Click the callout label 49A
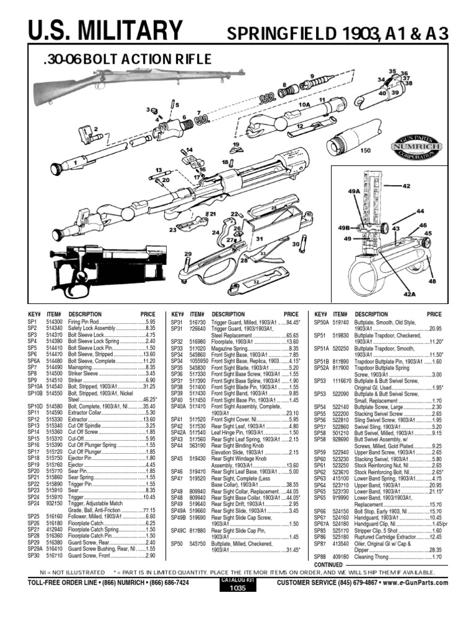(353, 193)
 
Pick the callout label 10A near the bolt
(304, 105)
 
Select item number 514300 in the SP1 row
(55, 323)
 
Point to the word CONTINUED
(328, 565)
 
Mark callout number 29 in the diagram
(187, 254)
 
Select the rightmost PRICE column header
(434, 315)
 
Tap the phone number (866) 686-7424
(166, 583)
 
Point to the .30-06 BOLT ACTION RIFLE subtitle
(128, 59)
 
